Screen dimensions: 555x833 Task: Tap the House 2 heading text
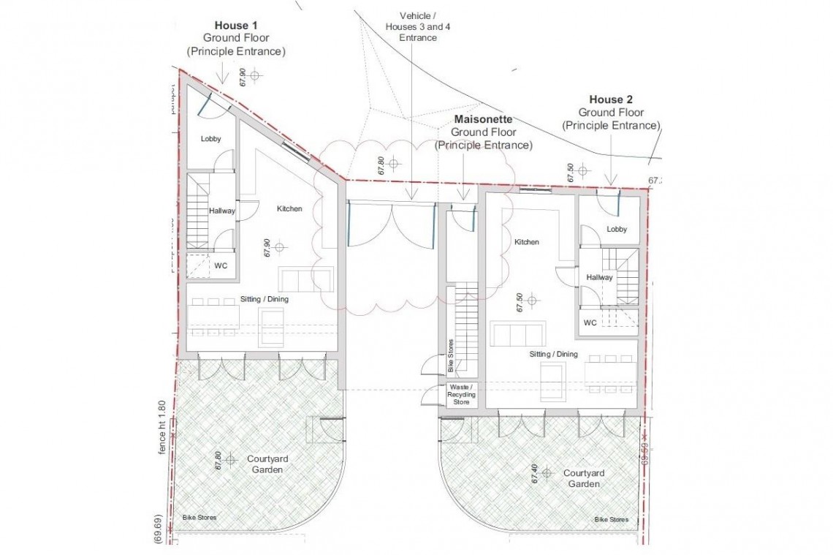pyautogui.click(x=611, y=99)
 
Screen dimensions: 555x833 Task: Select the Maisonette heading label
pyautogui.click(x=483, y=118)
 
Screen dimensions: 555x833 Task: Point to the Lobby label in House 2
pyautogui.click(x=617, y=229)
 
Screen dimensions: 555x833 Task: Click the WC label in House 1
pyautogui.click(x=220, y=265)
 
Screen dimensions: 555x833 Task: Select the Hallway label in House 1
pyautogui.click(x=221, y=211)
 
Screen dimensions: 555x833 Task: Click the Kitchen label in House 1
pyautogui.click(x=289, y=209)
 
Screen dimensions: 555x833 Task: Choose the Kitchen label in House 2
pyautogui.click(x=526, y=242)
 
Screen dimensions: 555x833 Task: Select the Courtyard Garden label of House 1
pyautogui.click(x=267, y=464)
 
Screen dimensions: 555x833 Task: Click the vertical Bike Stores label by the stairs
pyautogui.click(x=450, y=356)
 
